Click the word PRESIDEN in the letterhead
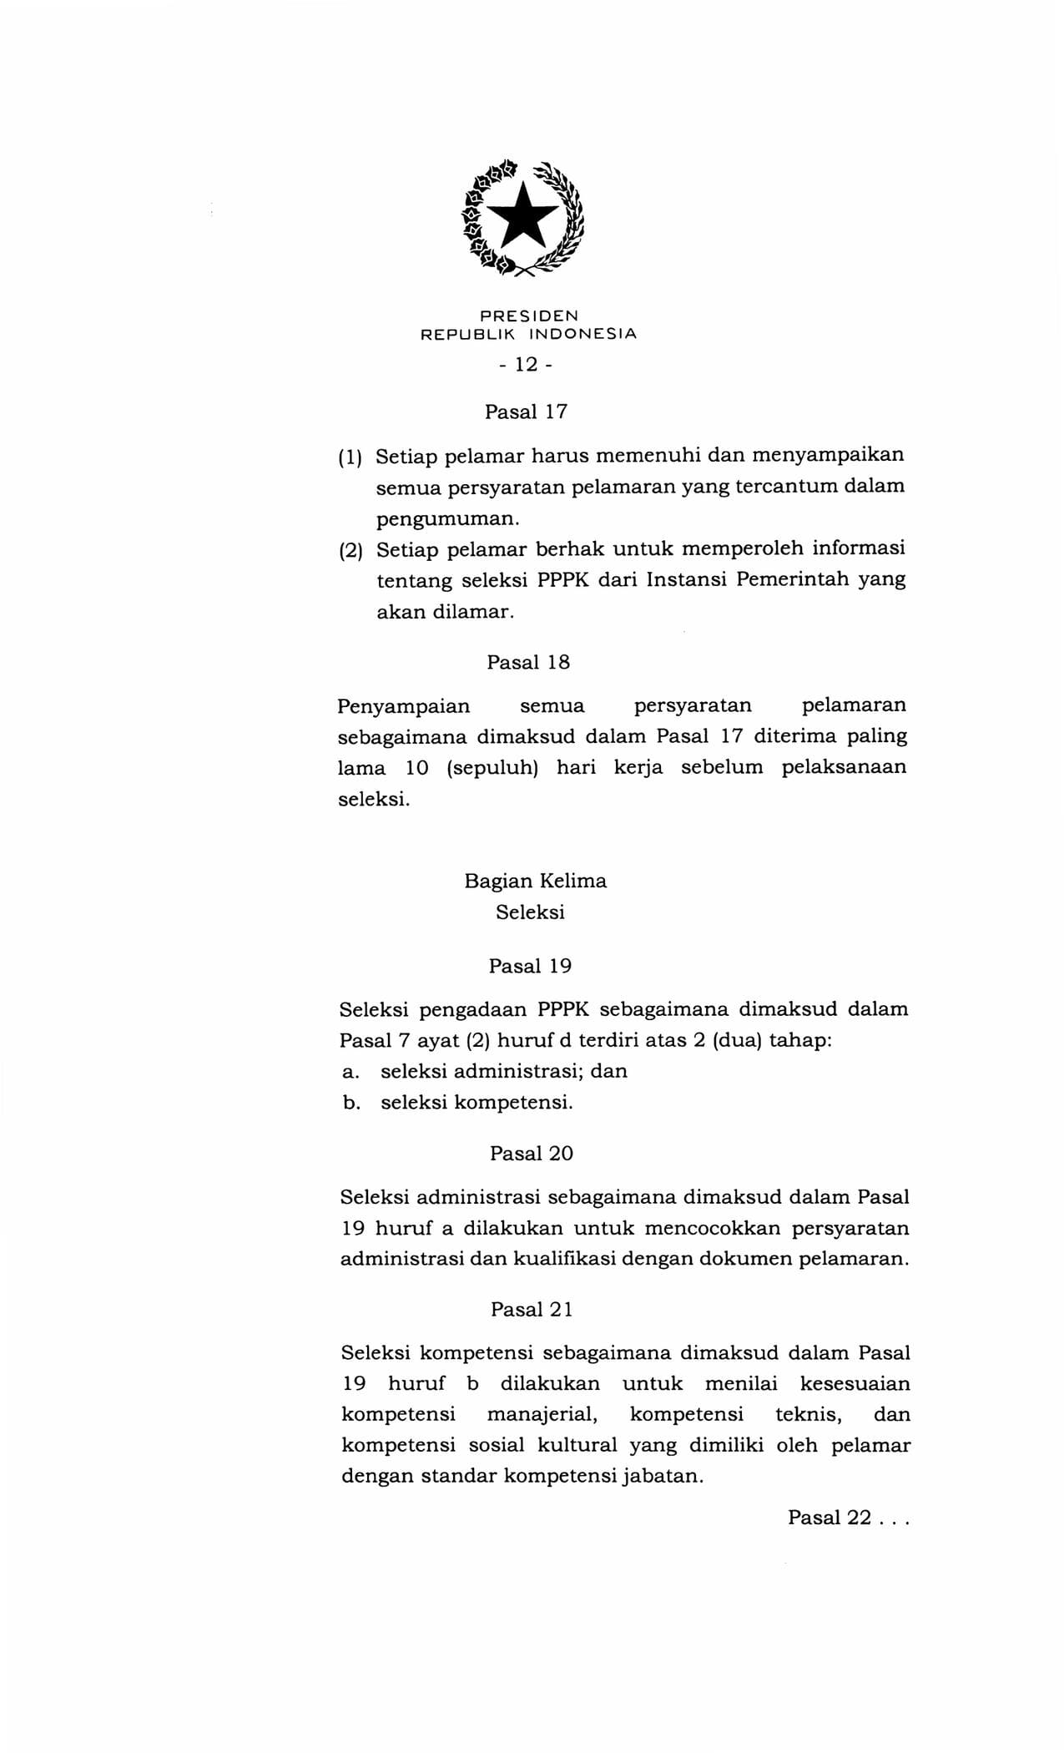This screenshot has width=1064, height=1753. pyautogui.click(x=529, y=316)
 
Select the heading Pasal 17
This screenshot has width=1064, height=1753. pyautogui.click(x=527, y=412)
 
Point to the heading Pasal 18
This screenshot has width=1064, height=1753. pyautogui.click(x=528, y=663)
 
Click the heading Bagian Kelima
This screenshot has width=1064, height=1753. pyautogui.click(x=536, y=881)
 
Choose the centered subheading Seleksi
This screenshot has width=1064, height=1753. pyautogui.click(x=530, y=912)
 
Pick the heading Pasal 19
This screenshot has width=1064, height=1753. pyautogui.click(x=530, y=966)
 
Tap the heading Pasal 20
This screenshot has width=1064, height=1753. pyautogui.click(x=532, y=1154)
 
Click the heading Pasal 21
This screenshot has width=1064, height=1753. pyautogui.click(x=532, y=1310)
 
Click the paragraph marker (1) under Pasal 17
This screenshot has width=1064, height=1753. pyautogui.click(x=350, y=457)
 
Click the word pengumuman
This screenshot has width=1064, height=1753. pyautogui.click(x=447, y=519)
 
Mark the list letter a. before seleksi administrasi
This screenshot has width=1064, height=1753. pyautogui.click(x=350, y=1072)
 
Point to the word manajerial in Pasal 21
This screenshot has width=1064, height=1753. pyautogui.click(x=542, y=1415)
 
